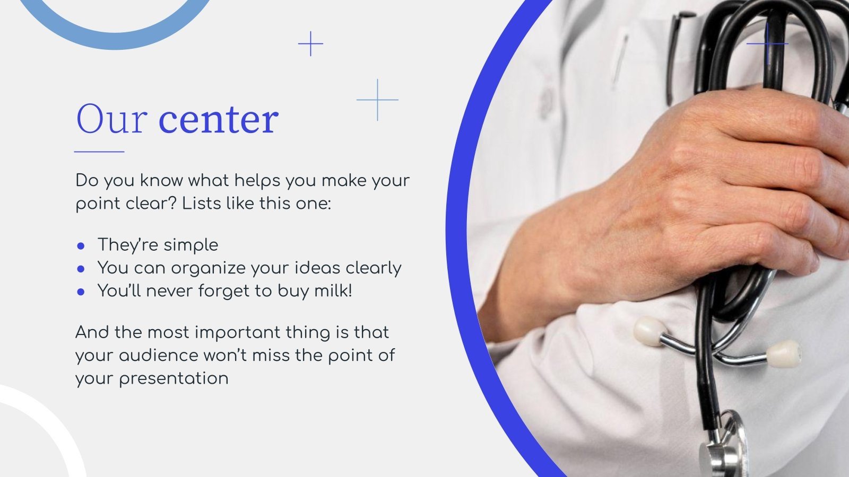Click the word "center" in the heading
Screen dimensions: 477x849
tap(218, 120)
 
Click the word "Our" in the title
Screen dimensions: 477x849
tap(111, 119)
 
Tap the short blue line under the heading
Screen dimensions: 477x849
tap(99, 152)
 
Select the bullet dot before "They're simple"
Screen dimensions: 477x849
tap(81, 246)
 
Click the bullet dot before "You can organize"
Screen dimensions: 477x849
tap(81, 269)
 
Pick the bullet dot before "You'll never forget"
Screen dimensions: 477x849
tap(81, 291)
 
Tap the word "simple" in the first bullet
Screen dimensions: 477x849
tap(190, 245)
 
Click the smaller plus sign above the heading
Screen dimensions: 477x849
tap(310, 44)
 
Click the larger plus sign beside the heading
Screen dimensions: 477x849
tap(377, 100)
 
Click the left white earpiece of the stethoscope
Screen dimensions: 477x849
tap(649, 331)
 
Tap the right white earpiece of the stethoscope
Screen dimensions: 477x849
tap(784, 354)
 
